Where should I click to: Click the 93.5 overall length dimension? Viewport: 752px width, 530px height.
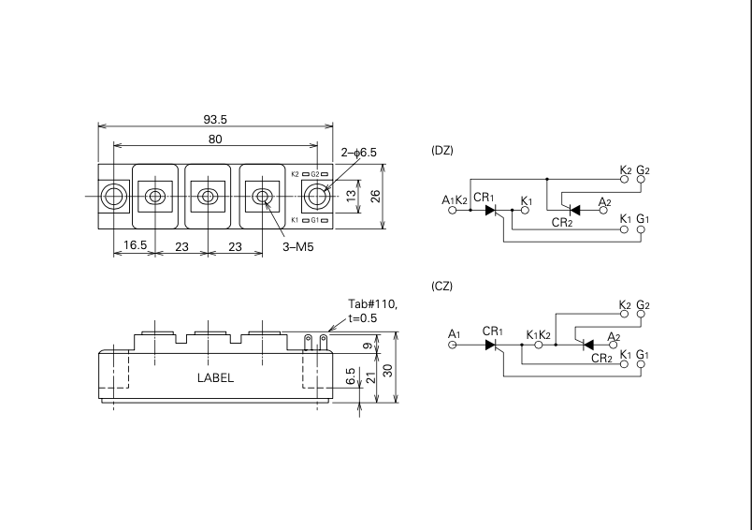(x=215, y=119)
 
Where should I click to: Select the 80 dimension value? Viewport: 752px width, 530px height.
(x=215, y=140)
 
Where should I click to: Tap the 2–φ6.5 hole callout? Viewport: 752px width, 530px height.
(x=358, y=152)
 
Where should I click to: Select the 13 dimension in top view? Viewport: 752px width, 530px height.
(x=351, y=195)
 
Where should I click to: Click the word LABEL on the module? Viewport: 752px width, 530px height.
(x=215, y=378)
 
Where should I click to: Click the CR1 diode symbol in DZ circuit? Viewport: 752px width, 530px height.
(x=489, y=210)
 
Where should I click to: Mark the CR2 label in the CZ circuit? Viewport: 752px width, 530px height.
(x=601, y=358)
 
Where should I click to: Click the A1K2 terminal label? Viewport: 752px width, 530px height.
(x=454, y=200)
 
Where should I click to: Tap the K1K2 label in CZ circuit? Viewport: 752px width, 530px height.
(x=538, y=334)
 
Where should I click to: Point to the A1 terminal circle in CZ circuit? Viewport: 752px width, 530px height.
(x=454, y=345)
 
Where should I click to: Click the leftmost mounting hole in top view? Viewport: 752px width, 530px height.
(x=115, y=196)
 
